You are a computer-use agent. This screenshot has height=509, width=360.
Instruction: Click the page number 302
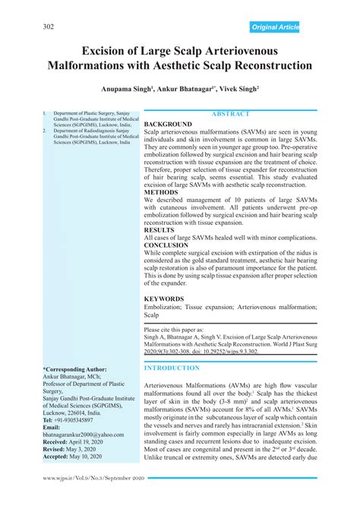tap(49, 27)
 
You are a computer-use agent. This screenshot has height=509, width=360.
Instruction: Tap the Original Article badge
tap(275, 27)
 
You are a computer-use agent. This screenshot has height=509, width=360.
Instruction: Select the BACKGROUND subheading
tap(168, 123)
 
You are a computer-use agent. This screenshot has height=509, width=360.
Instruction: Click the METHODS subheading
tap(162, 193)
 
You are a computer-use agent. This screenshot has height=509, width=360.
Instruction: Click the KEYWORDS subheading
tap(164, 299)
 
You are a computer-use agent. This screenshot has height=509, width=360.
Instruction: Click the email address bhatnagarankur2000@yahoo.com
tap(82, 434)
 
